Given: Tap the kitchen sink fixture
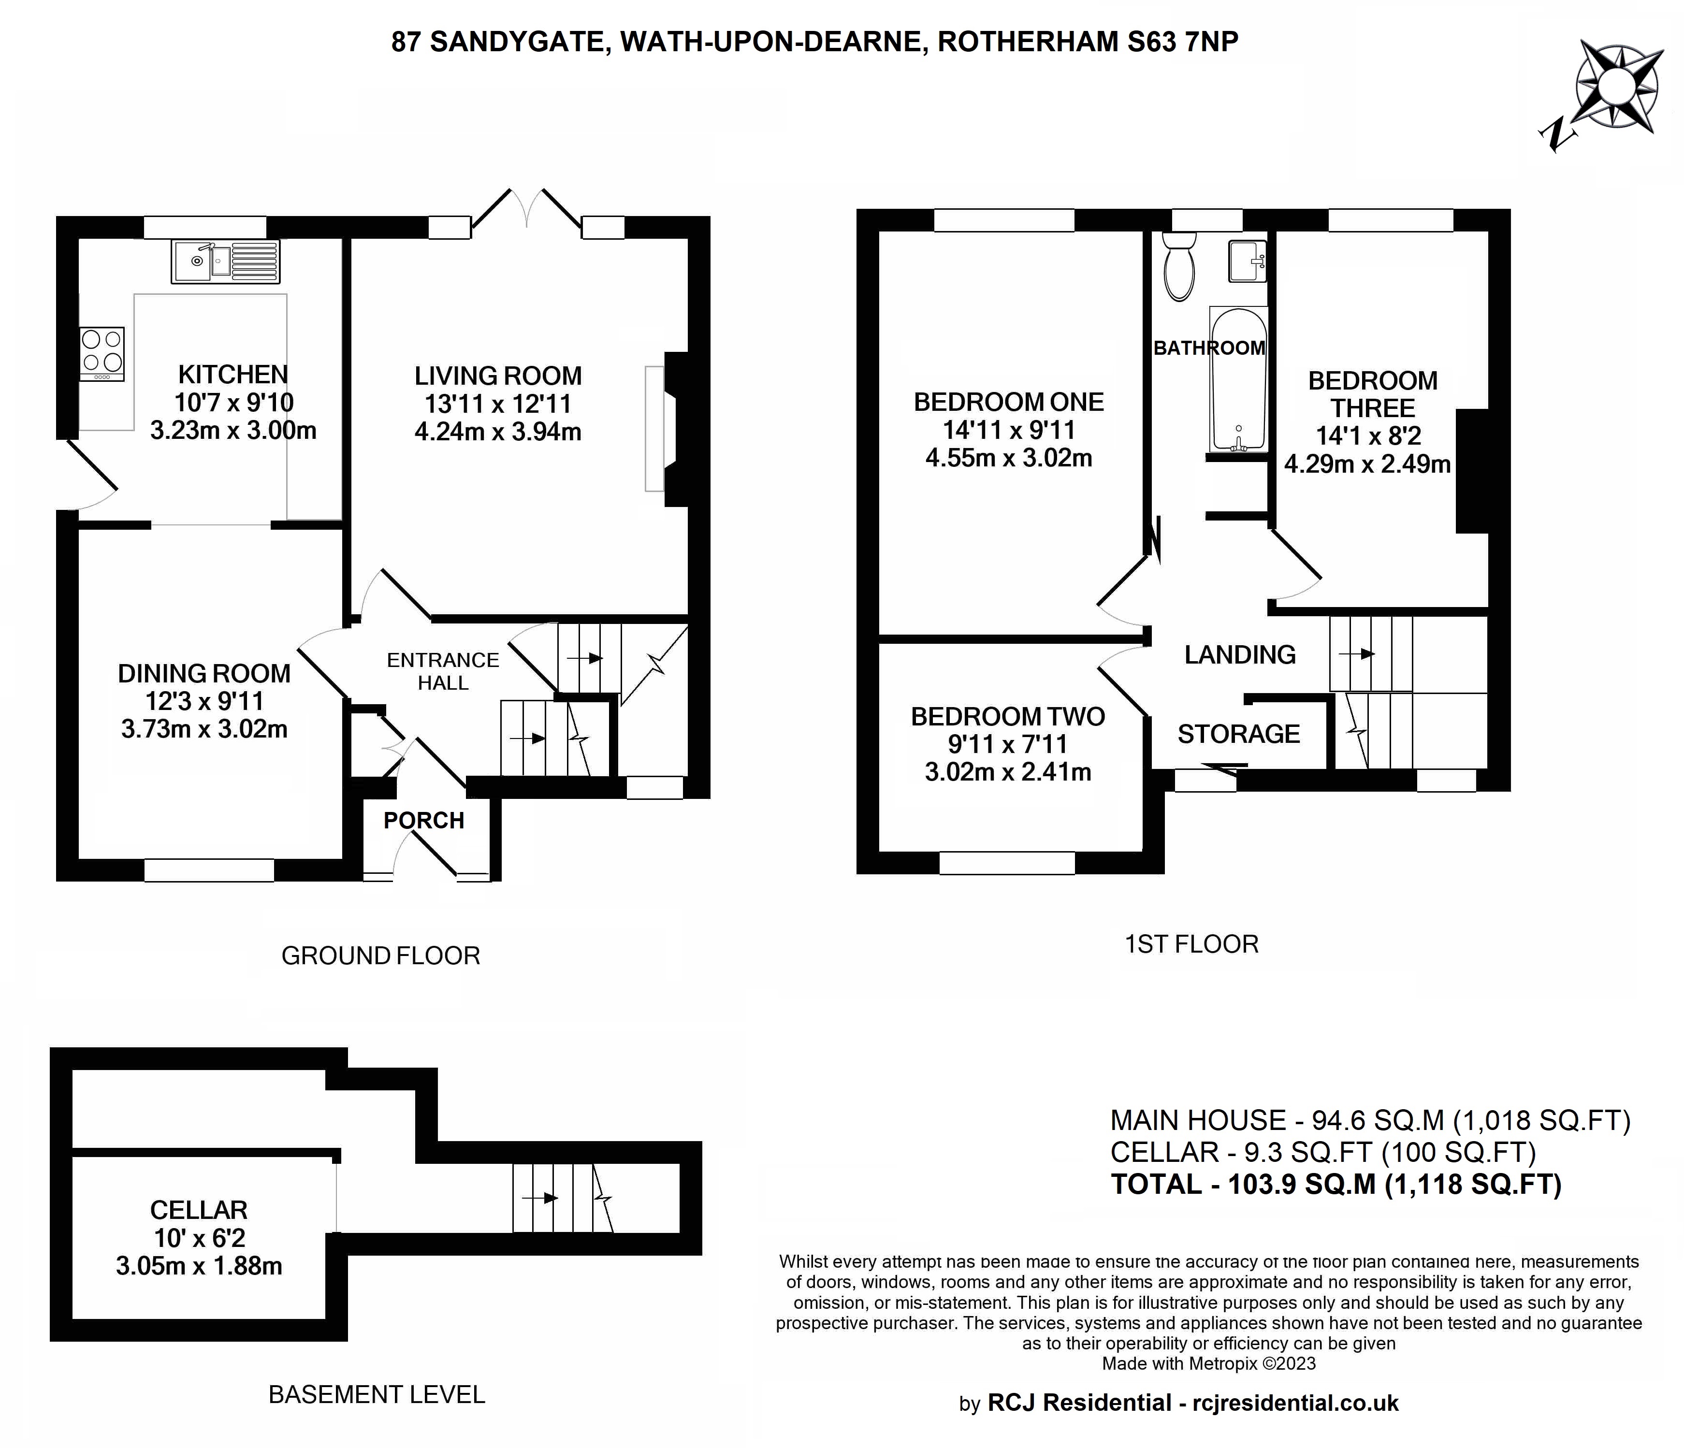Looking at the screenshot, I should click(x=225, y=261).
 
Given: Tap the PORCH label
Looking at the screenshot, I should click(x=423, y=821).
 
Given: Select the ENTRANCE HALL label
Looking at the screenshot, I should click(x=443, y=671).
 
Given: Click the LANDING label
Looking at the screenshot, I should click(x=1239, y=654).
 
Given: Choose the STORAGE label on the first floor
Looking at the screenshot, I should click(x=1239, y=734).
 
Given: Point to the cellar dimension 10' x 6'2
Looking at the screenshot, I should click(x=199, y=1238).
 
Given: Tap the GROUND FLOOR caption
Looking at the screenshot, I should click(x=380, y=956).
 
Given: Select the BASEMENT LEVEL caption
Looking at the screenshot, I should click(x=377, y=1394).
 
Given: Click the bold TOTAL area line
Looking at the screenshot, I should click(x=1336, y=1184).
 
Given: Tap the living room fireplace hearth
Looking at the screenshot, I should click(x=654, y=428).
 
